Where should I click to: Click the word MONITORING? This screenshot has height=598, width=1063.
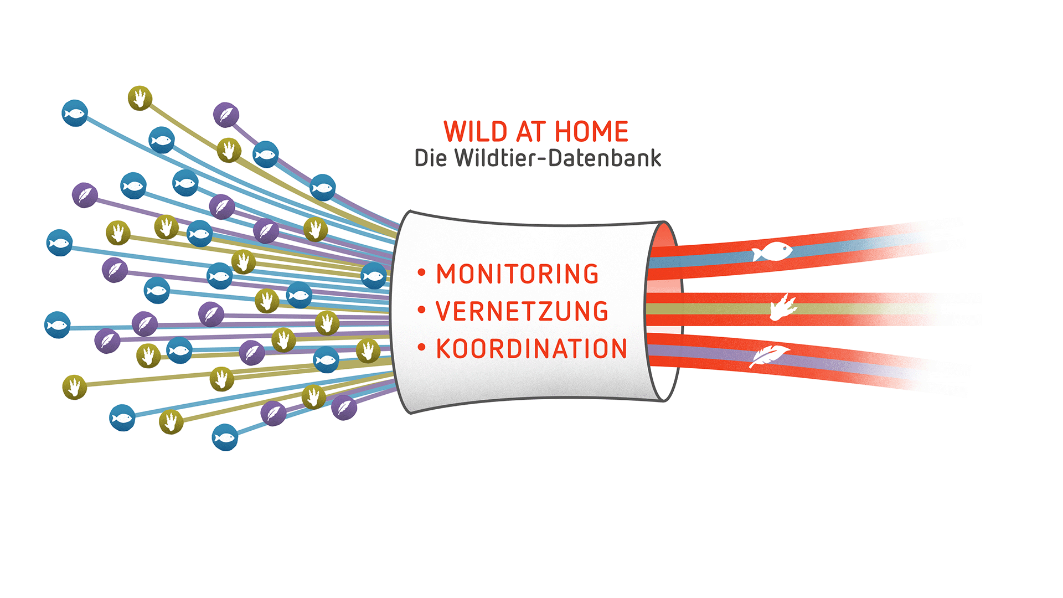tap(517, 274)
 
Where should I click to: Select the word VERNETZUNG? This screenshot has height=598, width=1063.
tap(522, 311)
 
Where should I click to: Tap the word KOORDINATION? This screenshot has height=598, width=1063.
tap(531, 349)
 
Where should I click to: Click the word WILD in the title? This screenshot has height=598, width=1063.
tap(476, 132)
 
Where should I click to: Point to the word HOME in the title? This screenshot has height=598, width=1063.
tap(591, 132)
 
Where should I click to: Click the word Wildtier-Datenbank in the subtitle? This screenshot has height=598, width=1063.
tap(558, 158)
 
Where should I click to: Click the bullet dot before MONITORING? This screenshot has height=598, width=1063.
tap(422, 272)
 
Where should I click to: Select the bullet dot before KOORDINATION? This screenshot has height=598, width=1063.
tap(422, 348)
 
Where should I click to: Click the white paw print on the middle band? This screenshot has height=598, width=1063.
tap(783, 308)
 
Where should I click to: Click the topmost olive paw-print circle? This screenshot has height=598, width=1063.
tap(140, 98)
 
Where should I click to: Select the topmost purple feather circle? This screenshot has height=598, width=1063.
tap(226, 115)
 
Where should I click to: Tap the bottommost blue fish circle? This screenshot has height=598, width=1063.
tap(225, 437)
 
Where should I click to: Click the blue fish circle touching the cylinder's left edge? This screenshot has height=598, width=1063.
tap(374, 276)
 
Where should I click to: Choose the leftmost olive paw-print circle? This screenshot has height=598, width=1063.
tap(75, 387)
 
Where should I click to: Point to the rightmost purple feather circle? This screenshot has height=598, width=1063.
tap(344, 408)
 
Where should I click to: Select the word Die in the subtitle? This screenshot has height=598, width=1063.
tap(430, 158)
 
